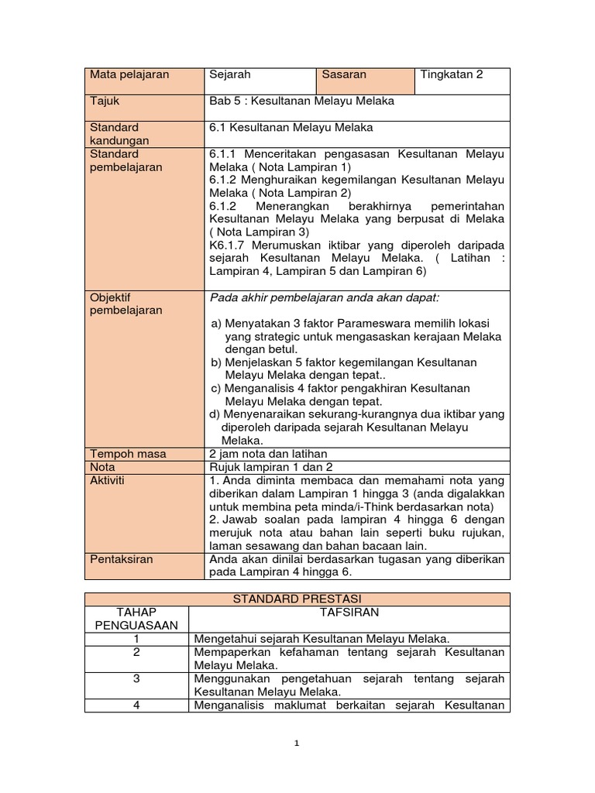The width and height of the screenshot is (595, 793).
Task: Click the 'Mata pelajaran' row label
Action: (x=129, y=75)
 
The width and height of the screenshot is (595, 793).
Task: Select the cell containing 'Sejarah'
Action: (x=230, y=75)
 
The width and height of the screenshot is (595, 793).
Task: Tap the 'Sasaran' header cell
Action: (x=344, y=75)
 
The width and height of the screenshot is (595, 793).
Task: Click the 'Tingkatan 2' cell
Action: (x=451, y=75)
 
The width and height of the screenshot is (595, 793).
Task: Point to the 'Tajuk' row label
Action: (x=105, y=101)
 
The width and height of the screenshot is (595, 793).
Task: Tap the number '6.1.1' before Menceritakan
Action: (x=225, y=154)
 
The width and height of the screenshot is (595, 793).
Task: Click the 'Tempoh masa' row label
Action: (x=128, y=454)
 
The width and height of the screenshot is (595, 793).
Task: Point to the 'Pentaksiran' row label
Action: (x=122, y=559)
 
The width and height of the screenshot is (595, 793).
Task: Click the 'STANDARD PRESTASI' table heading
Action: (x=297, y=599)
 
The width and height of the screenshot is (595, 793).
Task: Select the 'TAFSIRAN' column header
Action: (x=349, y=612)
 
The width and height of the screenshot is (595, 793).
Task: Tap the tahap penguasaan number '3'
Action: (x=136, y=678)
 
